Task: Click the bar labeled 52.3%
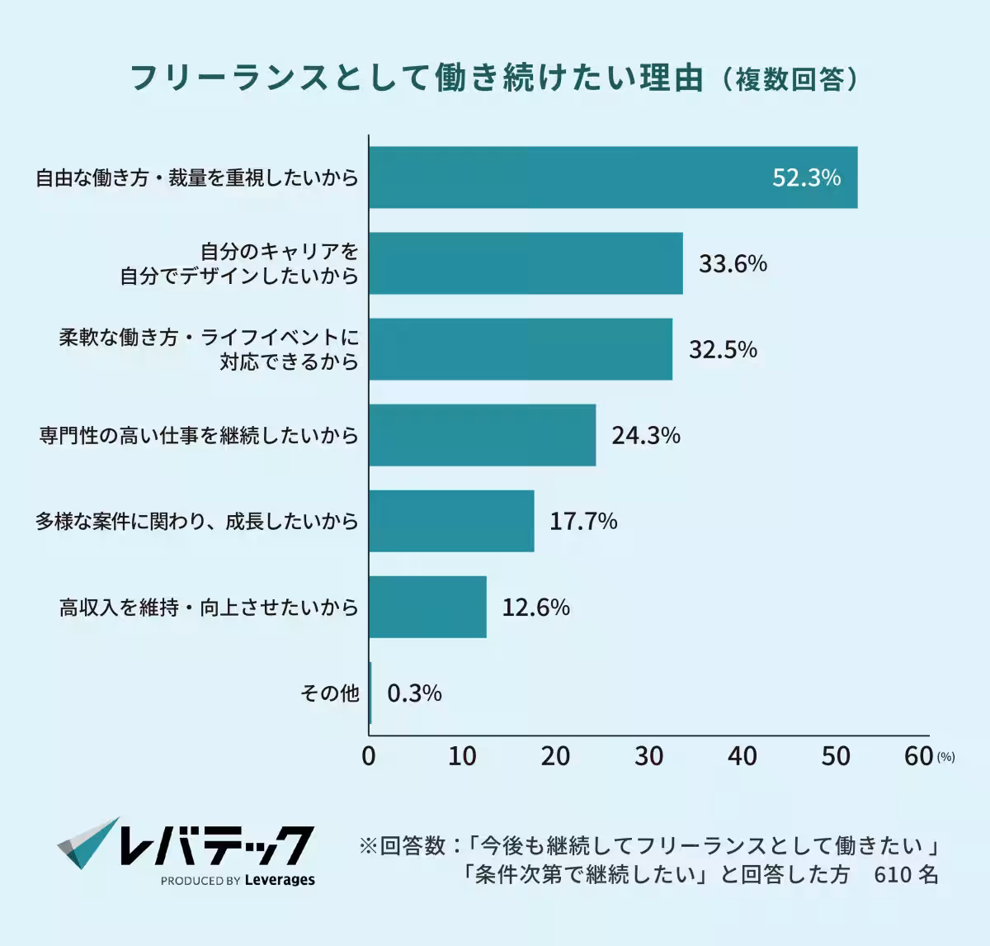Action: pos(612,177)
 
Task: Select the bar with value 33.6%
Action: pos(526,263)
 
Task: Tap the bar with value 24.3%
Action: pos(482,435)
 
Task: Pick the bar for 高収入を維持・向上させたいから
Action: pos(427,607)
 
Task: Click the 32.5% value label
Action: pos(723,349)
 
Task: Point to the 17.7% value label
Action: pos(583,521)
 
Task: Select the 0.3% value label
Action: pos(414,693)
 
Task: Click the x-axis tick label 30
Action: pos(649,755)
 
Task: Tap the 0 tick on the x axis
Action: pos(369,755)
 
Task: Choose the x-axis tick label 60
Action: pos(918,755)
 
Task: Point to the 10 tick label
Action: pos(462,755)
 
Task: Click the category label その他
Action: pos(329,693)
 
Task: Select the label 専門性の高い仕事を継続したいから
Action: pos(199,435)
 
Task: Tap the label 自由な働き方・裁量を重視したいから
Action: pos(197,177)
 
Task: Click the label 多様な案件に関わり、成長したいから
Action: pos(197,521)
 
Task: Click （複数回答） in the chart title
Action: pos(790,79)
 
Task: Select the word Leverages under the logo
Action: pos(280,880)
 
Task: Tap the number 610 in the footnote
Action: pos(892,874)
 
